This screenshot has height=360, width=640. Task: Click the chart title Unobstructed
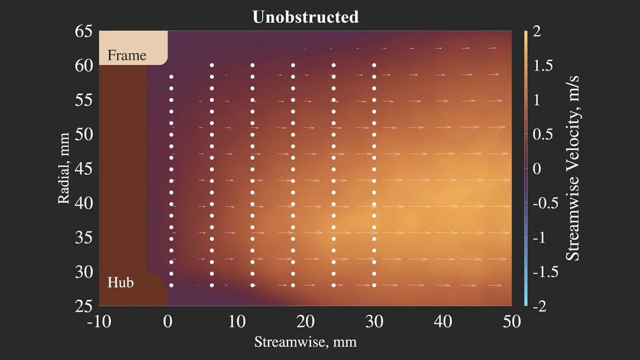pos(306,17)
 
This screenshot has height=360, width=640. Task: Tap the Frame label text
pos(127,55)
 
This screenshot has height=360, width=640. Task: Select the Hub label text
pos(121,282)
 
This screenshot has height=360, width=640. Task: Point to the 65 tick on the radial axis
pos(84,31)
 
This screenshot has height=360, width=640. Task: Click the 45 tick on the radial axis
pos(84,169)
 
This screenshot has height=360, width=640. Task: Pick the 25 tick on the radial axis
pos(84,306)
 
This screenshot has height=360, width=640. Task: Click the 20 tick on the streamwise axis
pos(306,322)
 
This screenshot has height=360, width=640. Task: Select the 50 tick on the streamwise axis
pos(511,322)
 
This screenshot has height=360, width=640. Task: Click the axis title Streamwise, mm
pos(305,341)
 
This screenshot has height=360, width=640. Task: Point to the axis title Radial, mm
pos(65,169)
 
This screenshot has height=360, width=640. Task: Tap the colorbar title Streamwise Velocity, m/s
pos(573,169)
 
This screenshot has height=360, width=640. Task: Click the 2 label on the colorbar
pos(537,31)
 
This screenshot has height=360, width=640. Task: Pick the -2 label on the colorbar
pos(540,306)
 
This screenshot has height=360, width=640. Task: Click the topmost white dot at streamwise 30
pos(374,65)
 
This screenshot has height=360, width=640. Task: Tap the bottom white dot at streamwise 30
pos(374,285)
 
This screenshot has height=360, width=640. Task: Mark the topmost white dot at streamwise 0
pos(172,77)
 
